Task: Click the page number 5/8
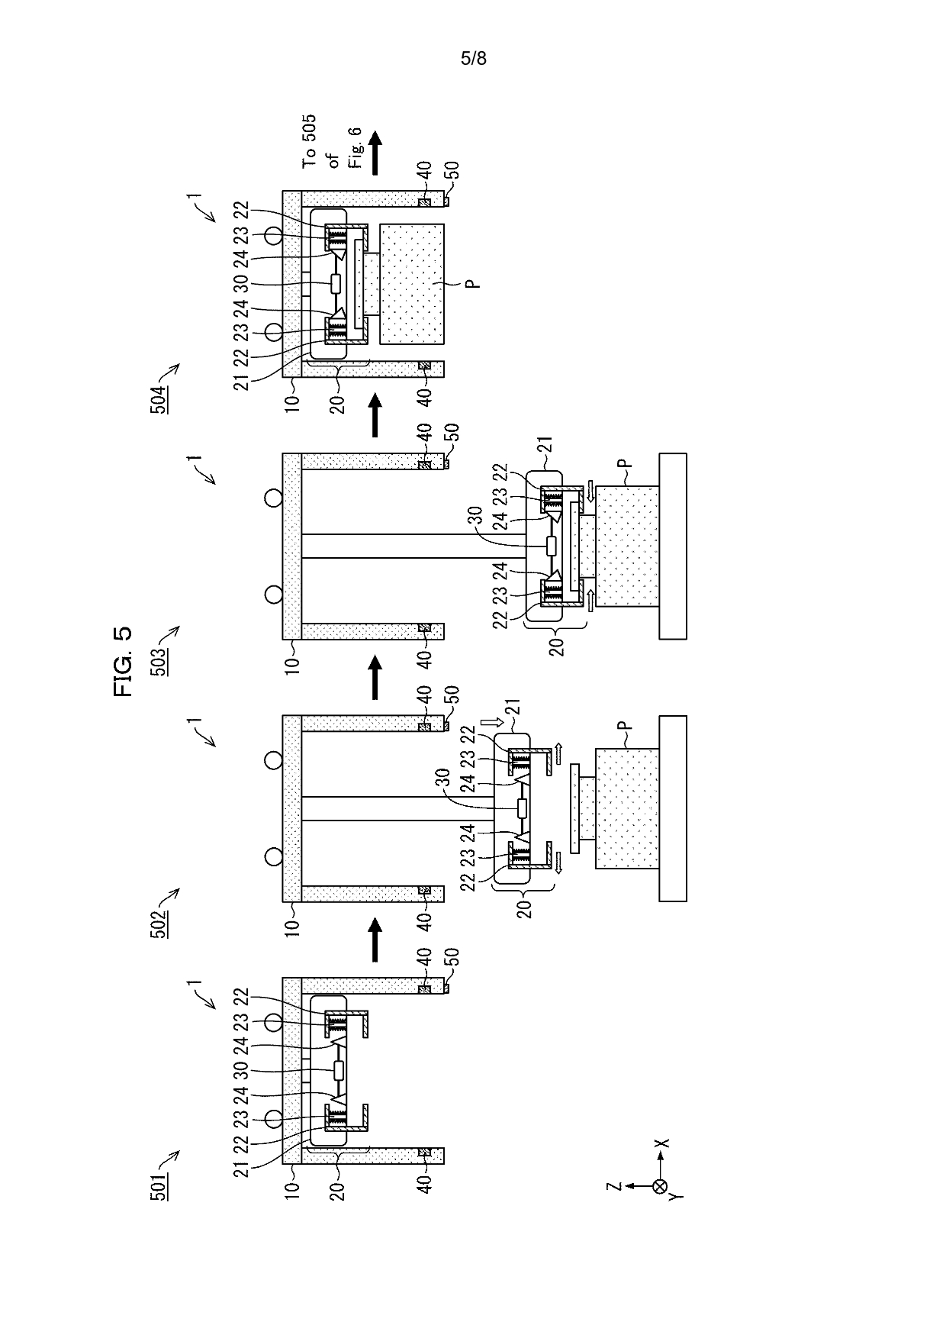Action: (x=473, y=59)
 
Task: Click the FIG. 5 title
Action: (x=123, y=661)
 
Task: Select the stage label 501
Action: (x=159, y=1178)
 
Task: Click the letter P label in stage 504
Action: (x=473, y=284)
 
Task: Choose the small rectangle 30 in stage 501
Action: (x=339, y=1071)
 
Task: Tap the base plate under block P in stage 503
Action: (x=673, y=545)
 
